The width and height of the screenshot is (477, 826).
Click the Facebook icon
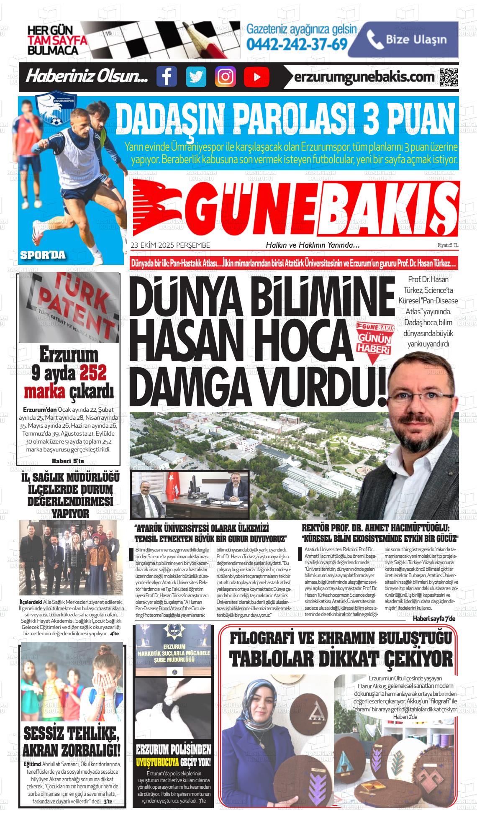click(x=167, y=77)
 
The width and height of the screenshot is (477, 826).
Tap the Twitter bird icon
click(x=196, y=77)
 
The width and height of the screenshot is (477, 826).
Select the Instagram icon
click(x=226, y=77)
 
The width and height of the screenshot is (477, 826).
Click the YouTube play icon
click(x=256, y=77)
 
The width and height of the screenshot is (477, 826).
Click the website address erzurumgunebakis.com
click(x=364, y=77)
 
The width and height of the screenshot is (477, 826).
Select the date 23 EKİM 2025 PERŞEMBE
click(x=170, y=245)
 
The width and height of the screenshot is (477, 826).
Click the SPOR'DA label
click(x=43, y=255)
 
